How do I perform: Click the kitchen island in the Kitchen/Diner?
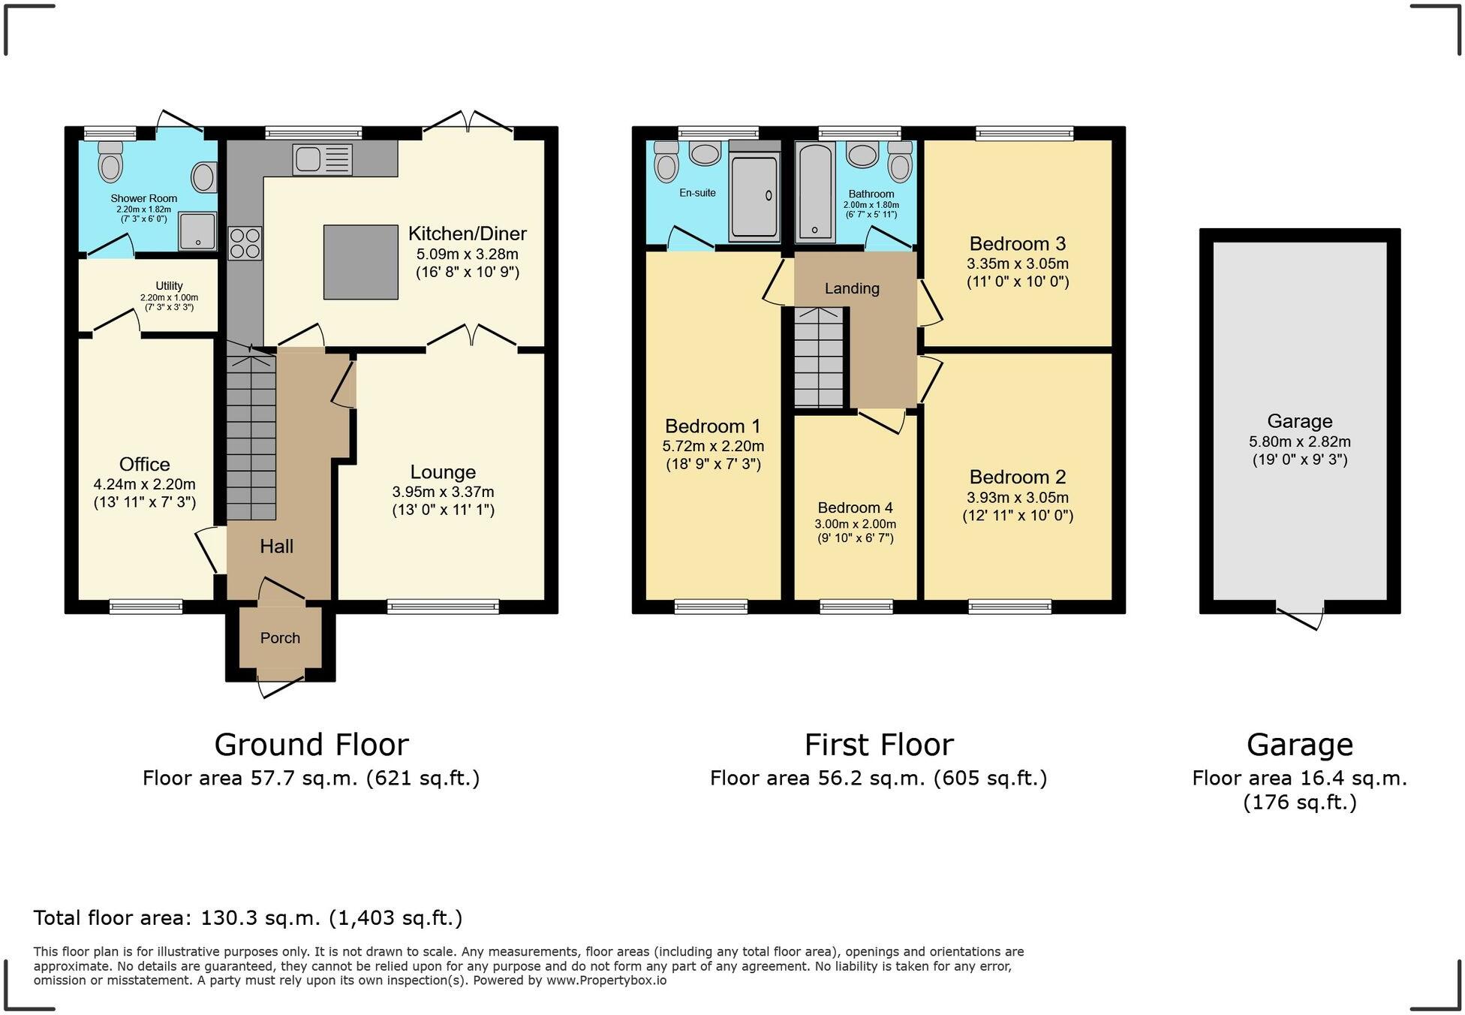[x=360, y=262]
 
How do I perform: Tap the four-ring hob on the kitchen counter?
[x=245, y=243]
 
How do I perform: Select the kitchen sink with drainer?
[x=323, y=159]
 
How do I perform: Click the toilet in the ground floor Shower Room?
[x=110, y=161]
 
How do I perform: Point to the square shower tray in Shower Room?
[x=197, y=230]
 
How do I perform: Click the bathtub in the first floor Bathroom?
[x=814, y=192]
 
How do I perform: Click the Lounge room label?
[x=443, y=472]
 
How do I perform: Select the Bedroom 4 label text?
[x=855, y=507]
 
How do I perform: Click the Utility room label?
[x=169, y=286]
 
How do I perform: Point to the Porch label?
[x=280, y=638]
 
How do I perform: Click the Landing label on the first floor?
[x=852, y=288]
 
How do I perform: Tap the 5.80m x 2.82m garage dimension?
[x=1299, y=442]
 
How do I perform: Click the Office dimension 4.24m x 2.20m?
[x=144, y=484]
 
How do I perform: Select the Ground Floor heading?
[x=311, y=745]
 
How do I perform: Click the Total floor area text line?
[x=248, y=917]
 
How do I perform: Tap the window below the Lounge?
[x=443, y=607]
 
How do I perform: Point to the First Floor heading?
[x=878, y=745]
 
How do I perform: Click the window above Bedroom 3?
[x=1024, y=134]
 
